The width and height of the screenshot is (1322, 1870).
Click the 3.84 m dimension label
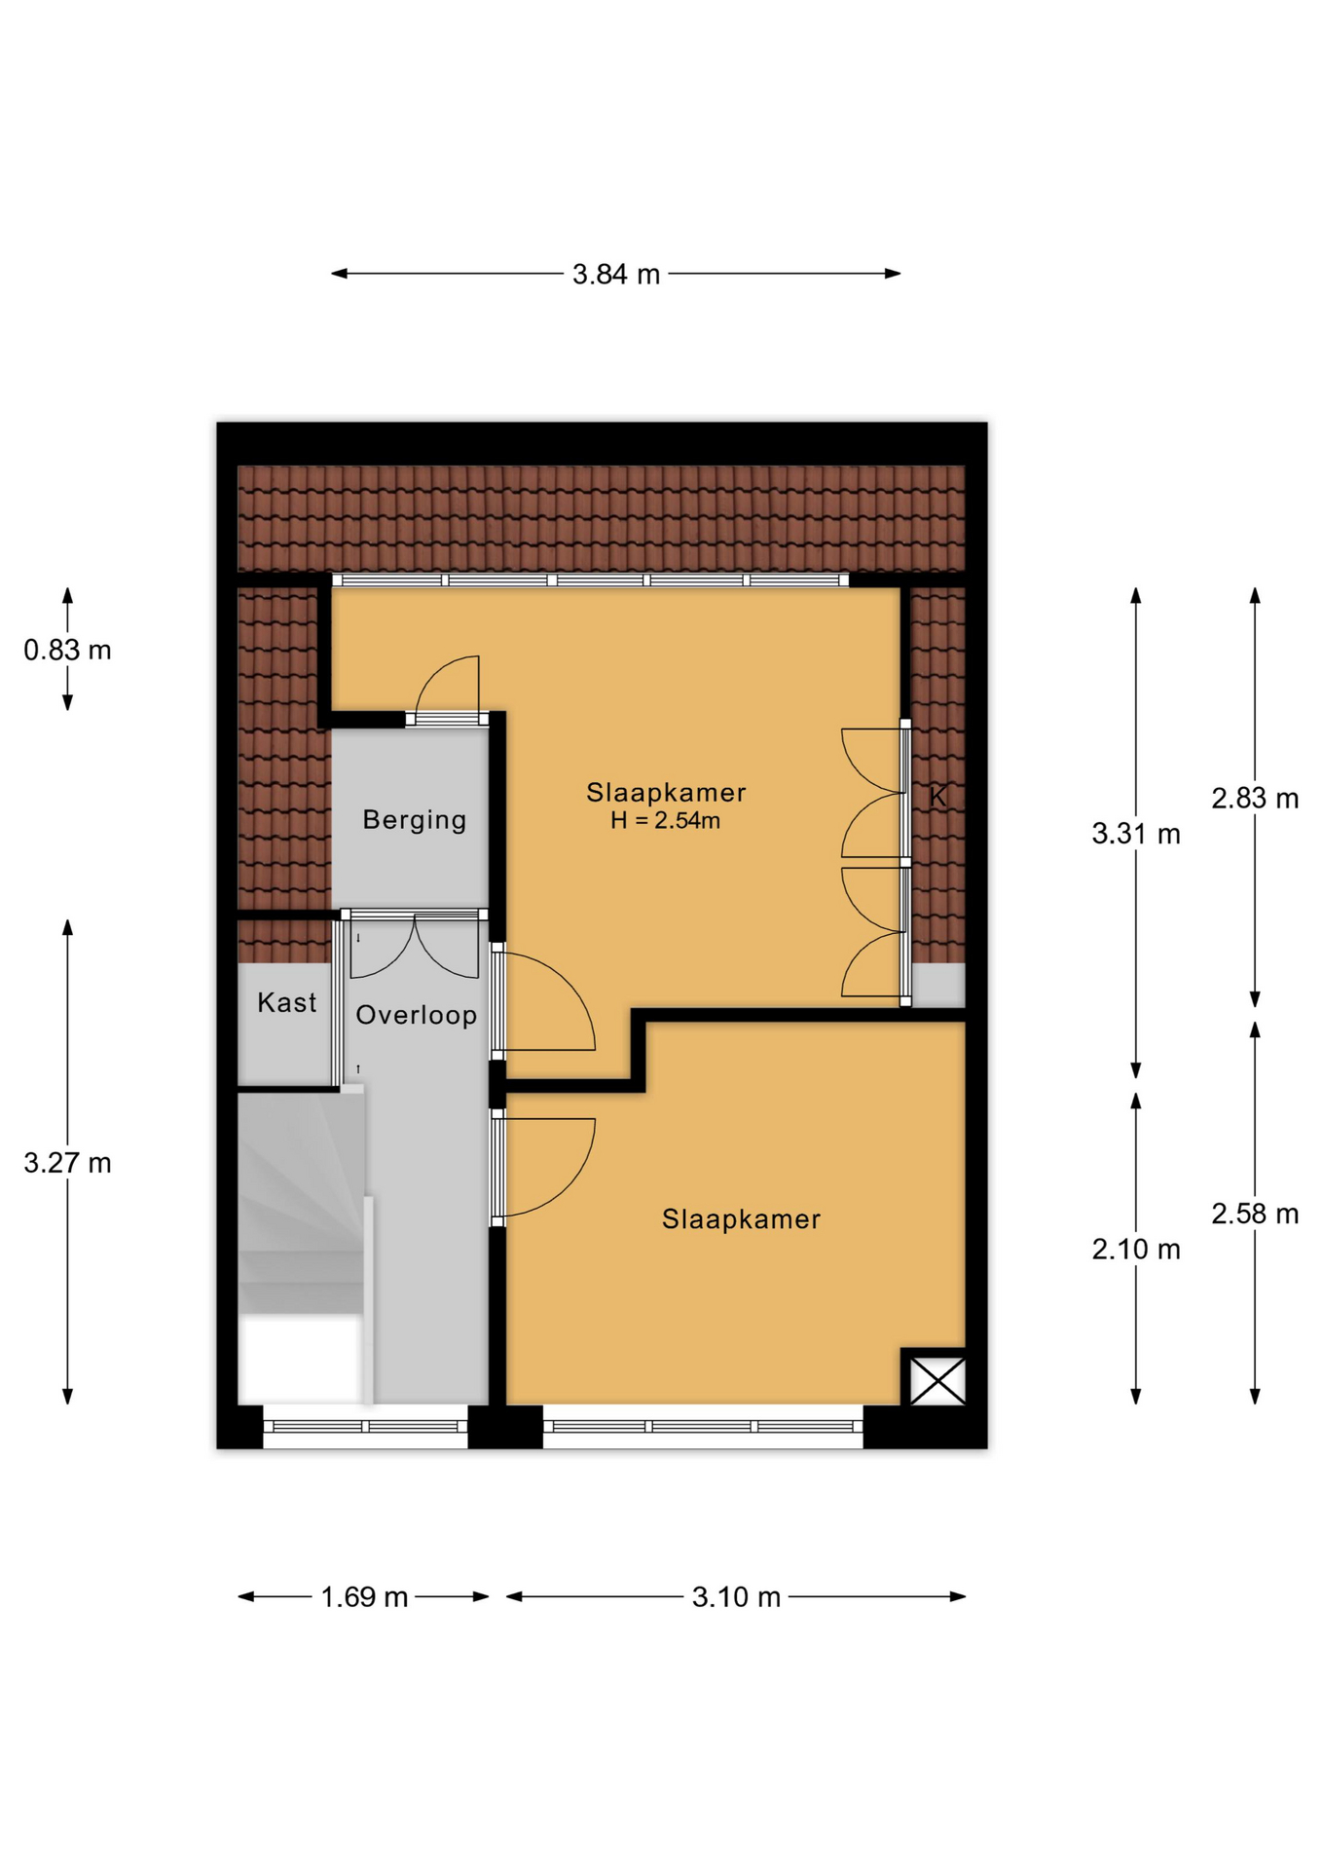point(615,275)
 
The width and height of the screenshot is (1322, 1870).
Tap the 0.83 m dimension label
point(67,650)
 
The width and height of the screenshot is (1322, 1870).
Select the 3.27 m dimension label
point(67,1163)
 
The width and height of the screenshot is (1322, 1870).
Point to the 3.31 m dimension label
point(1135,834)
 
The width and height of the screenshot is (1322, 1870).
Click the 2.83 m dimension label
point(1255,799)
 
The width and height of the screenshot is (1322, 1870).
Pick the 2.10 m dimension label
point(1135,1249)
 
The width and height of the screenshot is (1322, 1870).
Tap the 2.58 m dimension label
point(1255,1214)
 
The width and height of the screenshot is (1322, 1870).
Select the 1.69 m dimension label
point(364,1597)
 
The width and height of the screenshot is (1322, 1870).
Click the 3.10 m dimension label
point(736,1597)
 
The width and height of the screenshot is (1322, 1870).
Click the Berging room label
point(415,820)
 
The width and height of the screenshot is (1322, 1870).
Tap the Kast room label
point(287,1002)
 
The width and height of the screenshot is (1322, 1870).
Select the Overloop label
point(417,1015)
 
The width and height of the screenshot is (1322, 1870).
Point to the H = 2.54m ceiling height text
point(666,821)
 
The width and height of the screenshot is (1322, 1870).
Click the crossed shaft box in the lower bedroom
point(937,1381)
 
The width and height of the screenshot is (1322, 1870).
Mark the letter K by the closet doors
point(937,797)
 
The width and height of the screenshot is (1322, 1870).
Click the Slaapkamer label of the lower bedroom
point(742,1219)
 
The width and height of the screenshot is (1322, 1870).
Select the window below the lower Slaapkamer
point(703,1427)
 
